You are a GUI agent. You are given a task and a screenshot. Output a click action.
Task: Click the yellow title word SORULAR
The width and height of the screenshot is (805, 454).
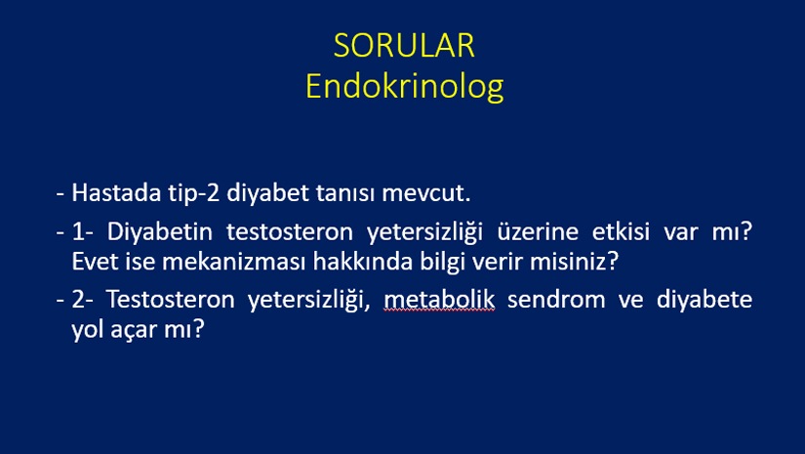[x=404, y=46]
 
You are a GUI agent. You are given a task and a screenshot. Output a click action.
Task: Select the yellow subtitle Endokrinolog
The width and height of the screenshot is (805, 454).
[x=405, y=87]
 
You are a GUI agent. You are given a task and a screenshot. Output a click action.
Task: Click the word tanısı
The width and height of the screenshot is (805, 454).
[x=345, y=193]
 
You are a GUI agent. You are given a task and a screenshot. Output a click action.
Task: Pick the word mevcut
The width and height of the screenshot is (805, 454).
[x=426, y=193]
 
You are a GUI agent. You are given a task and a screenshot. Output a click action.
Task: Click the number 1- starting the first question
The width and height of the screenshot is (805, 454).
[x=83, y=231]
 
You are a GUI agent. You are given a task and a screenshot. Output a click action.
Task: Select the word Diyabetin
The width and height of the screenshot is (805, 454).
[x=160, y=232]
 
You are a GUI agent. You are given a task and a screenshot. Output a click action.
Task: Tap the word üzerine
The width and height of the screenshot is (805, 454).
[x=538, y=231]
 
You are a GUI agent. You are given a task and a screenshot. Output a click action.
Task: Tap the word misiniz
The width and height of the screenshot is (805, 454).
[x=574, y=262]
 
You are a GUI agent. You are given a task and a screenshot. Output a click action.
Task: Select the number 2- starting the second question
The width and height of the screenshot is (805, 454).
[x=83, y=300]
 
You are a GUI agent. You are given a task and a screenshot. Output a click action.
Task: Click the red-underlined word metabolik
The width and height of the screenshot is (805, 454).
[x=439, y=300]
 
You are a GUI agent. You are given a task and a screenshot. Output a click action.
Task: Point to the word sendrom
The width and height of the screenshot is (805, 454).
[x=556, y=300]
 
